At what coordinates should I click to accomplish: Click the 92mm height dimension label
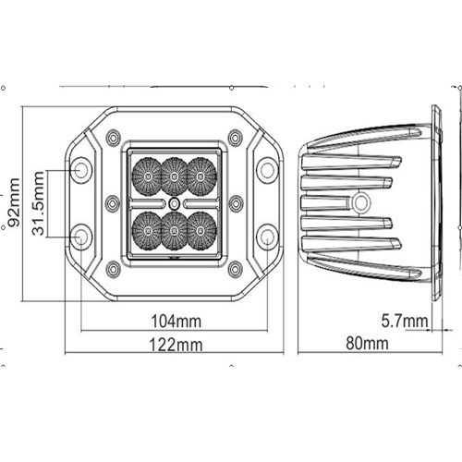14,202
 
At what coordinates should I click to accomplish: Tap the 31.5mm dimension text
39,203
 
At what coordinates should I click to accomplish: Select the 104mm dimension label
176,322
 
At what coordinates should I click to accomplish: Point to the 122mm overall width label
176,345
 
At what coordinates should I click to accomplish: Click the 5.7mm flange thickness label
405,321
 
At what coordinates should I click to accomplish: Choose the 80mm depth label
367,343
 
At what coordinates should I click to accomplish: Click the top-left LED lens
148,176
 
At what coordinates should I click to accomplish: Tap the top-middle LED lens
174,176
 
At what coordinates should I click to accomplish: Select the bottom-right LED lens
201,231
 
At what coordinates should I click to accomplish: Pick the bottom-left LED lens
148,231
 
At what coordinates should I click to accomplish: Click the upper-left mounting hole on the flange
81,170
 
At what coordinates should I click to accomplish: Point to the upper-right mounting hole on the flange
267,170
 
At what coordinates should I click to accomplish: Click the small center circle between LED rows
175,203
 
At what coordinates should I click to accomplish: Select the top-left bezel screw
113,137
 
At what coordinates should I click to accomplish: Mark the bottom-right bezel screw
236,269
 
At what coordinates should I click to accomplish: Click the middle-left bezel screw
113,203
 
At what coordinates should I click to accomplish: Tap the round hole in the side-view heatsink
360,202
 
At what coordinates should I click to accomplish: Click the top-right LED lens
201,176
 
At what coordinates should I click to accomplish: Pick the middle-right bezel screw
237,203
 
